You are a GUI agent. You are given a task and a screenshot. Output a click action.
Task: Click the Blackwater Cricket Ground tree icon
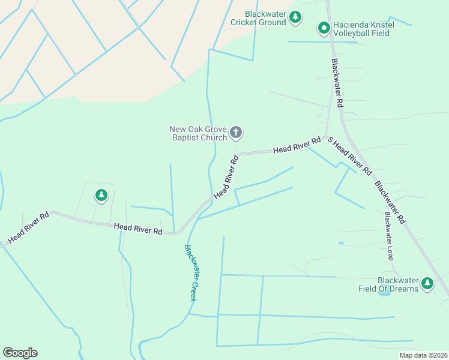(295, 17)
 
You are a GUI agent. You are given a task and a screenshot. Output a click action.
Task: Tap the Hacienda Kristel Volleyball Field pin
(324, 28)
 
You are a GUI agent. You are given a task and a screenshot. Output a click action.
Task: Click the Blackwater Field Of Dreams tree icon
(427, 284)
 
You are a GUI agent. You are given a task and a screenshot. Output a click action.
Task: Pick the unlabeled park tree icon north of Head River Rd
(101, 196)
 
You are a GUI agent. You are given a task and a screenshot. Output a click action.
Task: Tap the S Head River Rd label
(349, 155)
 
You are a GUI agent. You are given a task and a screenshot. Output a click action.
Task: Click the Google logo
(20, 353)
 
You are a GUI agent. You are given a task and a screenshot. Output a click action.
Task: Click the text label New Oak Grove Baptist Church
(198, 133)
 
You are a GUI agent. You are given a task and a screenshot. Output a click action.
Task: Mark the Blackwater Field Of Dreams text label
(397, 284)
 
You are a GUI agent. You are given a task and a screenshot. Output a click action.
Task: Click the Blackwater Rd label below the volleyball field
(337, 83)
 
